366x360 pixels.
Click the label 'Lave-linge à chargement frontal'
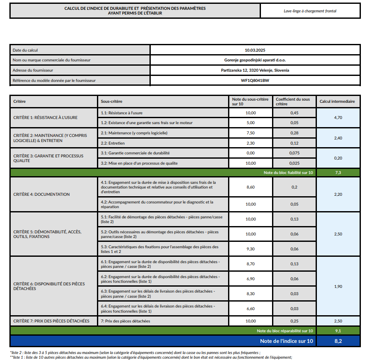pos(310,11)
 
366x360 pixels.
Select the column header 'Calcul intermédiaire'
pos(337,102)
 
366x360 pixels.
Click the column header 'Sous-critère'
pos(111,102)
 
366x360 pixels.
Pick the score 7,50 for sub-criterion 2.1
pos(251,133)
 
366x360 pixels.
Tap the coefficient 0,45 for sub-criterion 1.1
pos(294,113)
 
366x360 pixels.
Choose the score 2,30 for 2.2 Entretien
pos(251,143)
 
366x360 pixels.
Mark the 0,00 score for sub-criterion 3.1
pos(251,153)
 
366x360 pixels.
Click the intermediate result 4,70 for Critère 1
pos(337,117)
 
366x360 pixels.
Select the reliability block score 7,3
pos(337,173)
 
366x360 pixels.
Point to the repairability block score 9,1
pos(337,331)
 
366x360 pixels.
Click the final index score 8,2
pos(337,341)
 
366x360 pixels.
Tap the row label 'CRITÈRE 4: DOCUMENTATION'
pos(41,194)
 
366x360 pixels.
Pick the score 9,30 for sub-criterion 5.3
pos(251,249)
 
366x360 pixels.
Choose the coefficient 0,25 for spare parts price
pos(294,321)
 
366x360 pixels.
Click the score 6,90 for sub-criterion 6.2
pos(251,279)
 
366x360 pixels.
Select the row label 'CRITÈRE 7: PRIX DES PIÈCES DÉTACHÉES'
pos(51,321)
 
